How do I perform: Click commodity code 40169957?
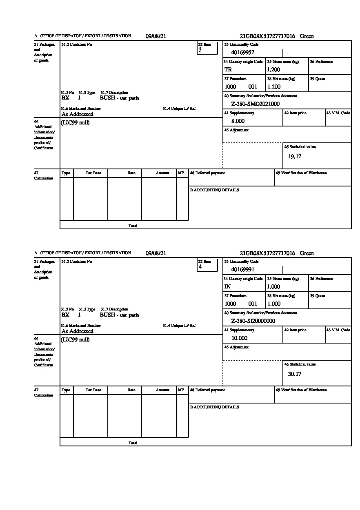pyautogui.click(x=243, y=52)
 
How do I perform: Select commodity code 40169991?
pyautogui.click(x=243, y=269)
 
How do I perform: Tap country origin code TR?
pyautogui.click(x=228, y=69)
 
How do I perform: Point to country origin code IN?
pyautogui.click(x=228, y=286)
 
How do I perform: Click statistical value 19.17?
pyautogui.click(x=295, y=156)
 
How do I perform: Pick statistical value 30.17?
pyautogui.click(x=295, y=373)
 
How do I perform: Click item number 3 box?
pyautogui.click(x=207, y=48)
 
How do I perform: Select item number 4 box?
pyautogui.click(x=207, y=265)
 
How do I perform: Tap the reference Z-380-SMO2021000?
pyautogui.click(x=256, y=104)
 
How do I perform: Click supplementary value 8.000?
pyautogui.click(x=238, y=121)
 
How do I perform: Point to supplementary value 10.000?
pyautogui.click(x=239, y=338)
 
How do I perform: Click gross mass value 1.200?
pyautogui.click(x=274, y=69)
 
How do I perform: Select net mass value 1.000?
pyautogui.click(x=274, y=304)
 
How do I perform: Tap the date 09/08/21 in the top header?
pyautogui.click(x=156, y=36)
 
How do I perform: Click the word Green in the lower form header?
pyautogui.click(x=307, y=253)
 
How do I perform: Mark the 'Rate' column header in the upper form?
pyautogui.click(x=131, y=173)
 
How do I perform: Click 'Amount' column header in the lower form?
pyautogui.click(x=162, y=390)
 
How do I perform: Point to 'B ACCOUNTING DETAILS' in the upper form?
pyautogui.click(x=214, y=190)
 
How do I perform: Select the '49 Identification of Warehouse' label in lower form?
pyautogui.click(x=301, y=390)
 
